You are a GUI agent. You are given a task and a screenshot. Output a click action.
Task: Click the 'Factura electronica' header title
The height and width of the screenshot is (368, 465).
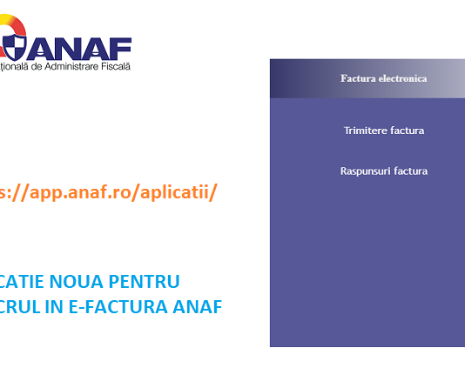tap(383, 78)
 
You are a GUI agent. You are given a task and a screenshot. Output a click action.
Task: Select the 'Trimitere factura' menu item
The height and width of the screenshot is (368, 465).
tap(383, 130)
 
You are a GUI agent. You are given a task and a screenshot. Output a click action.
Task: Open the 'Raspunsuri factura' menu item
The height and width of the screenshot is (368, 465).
tap(383, 171)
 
